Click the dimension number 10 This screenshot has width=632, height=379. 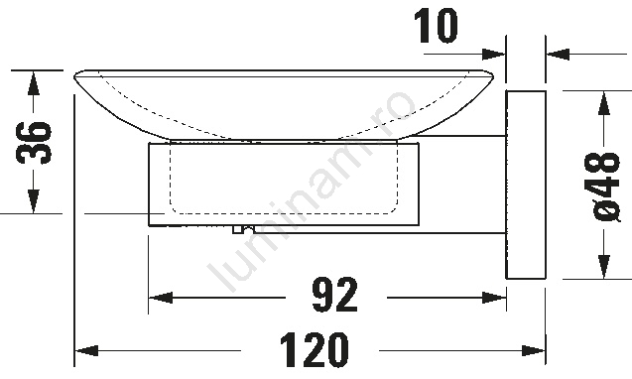[437, 27]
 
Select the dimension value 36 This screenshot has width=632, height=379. [34, 142]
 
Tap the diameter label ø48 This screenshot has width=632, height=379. [602, 187]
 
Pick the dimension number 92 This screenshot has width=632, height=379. [335, 295]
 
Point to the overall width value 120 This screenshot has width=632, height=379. [314, 349]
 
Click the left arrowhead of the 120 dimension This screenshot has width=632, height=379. [86, 350]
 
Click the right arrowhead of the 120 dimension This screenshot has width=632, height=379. [534, 350]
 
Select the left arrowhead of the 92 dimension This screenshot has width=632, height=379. [161, 298]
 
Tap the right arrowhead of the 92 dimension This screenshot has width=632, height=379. [494, 298]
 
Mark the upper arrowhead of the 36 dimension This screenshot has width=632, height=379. [34, 82]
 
